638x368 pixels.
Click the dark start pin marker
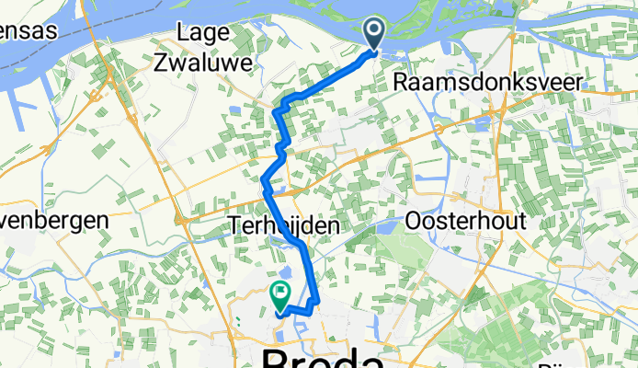pyautogui.click(x=376, y=33)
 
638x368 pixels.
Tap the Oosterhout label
pyautogui.click(x=465, y=222)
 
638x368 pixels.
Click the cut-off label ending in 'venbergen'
pyautogui.click(x=54, y=221)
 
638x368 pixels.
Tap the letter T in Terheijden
pyautogui.click(x=234, y=224)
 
